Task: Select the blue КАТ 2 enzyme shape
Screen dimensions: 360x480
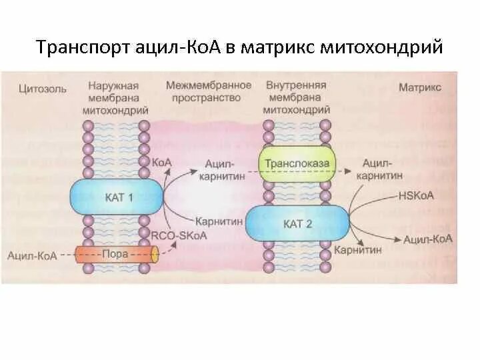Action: [x=298, y=224]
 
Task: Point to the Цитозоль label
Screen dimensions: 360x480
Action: [x=42, y=87]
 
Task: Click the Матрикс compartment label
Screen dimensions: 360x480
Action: [x=420, y=87]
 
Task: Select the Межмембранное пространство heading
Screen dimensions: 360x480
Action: [x=209, y=91]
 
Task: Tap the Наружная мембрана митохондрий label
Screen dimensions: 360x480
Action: [x=116, y=97]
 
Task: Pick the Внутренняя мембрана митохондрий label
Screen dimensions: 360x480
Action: [x=297, y=97]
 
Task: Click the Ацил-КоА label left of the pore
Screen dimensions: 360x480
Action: [x=31, y=254]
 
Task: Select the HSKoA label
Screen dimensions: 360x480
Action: [x=417, y=196]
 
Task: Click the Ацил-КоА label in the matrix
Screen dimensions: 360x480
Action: [x=429, y=238]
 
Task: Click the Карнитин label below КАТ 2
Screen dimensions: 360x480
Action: [x=359, y=251]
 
